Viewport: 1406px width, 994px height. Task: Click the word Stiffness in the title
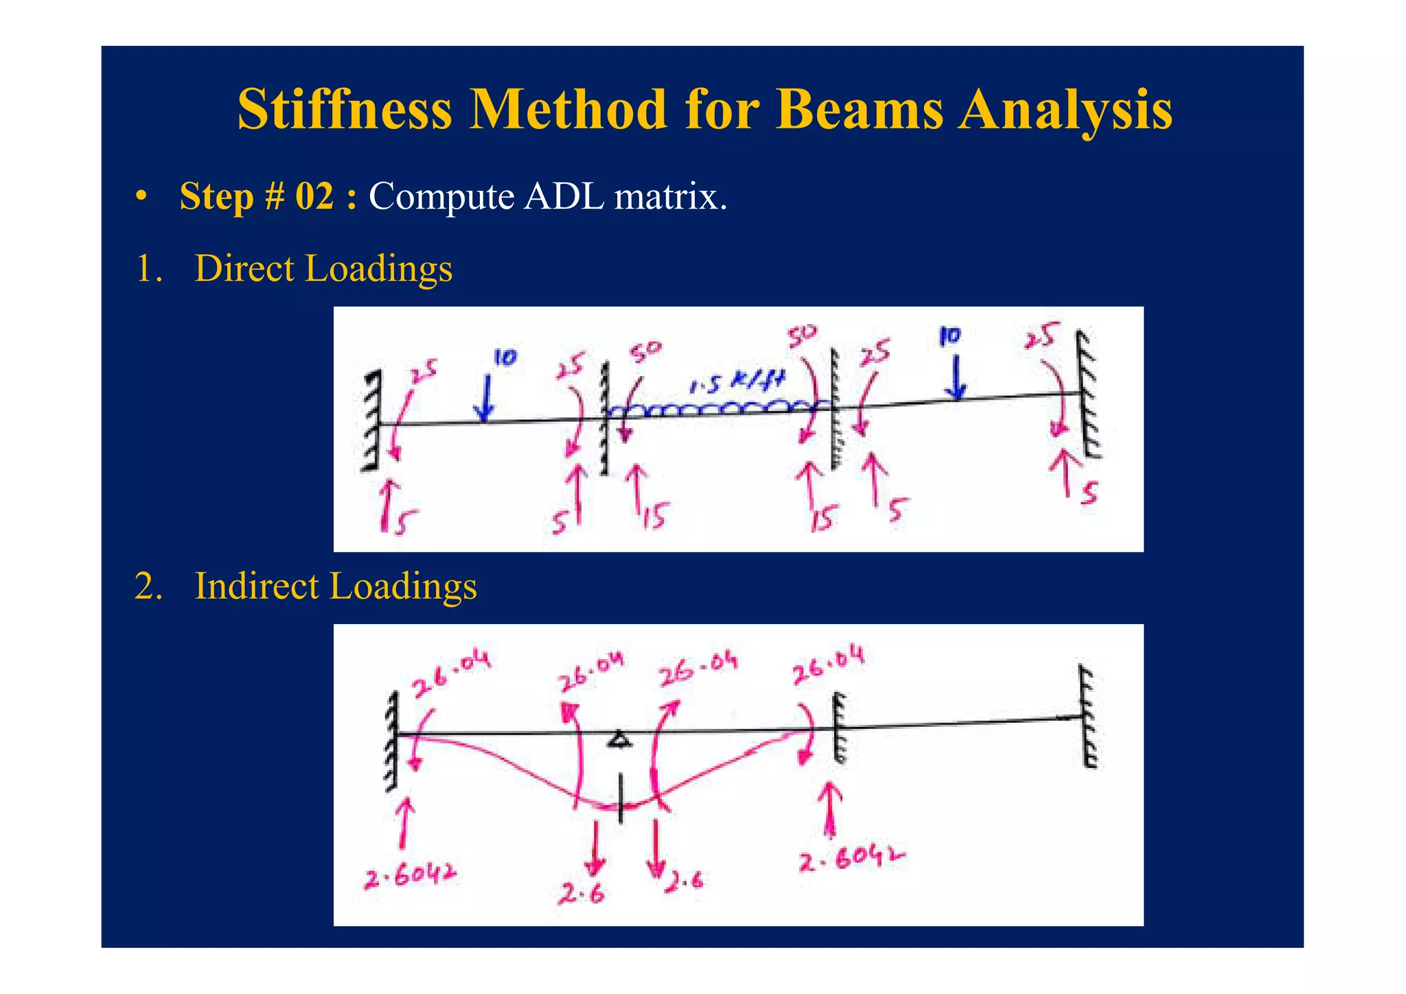coord(345,110)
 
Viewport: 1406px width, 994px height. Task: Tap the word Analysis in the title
coord(1065,110)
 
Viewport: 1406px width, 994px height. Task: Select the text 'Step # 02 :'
coord(268,197)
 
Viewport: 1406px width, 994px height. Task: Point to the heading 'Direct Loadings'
coord(323,268)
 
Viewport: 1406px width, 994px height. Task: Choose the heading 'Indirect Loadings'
coord(336,586)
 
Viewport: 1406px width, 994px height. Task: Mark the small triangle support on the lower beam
coord(619,739)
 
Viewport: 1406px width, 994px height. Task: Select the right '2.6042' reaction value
coord(851,858)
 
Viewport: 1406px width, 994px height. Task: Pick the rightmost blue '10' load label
coord(950,336)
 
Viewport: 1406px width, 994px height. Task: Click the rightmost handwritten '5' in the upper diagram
coord(1089,493)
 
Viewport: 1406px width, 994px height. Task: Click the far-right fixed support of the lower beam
coord(1087,717)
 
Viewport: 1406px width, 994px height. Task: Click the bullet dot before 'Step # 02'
coord(141,198)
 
